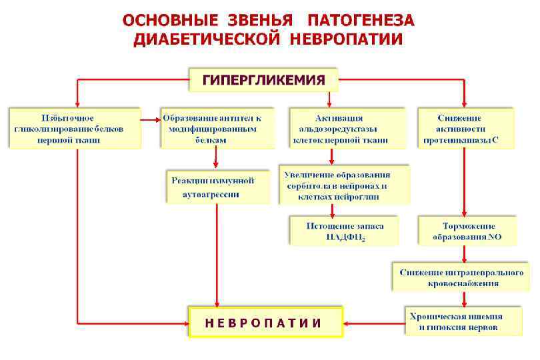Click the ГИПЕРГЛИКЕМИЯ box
tap(263, 81)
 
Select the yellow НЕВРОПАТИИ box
tap(265, 323)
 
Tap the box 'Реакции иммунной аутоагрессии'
tap(218, 187)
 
